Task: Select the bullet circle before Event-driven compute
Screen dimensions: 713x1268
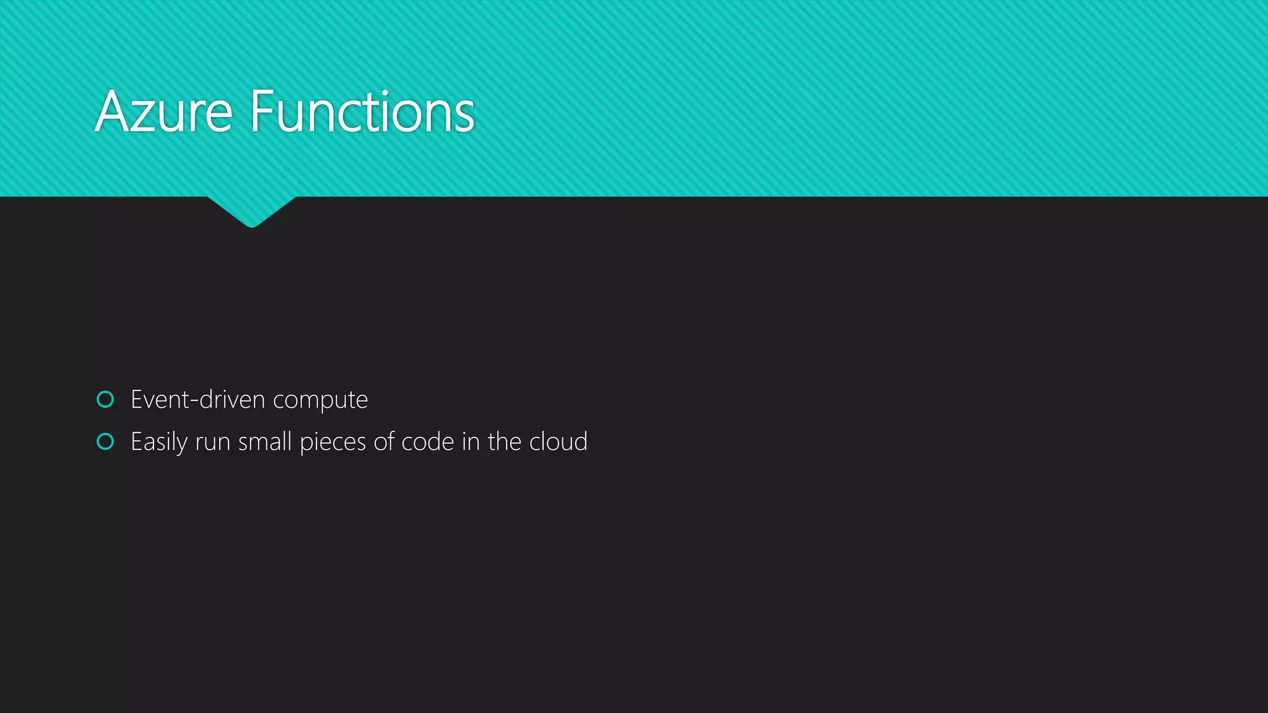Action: pos(105,400)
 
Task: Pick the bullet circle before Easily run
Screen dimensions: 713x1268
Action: pos(105,442)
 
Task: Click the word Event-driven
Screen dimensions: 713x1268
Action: pos(198,400)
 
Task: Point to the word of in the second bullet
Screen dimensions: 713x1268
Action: pos(384,442)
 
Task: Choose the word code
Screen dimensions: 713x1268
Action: pos(428,442)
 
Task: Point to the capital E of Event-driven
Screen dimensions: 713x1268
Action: pos(137,400)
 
